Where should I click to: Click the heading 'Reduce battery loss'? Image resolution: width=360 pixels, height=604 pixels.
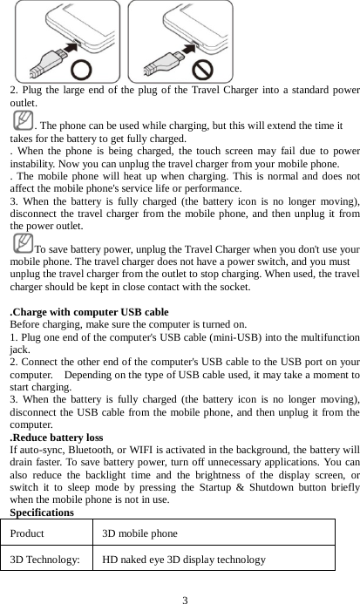coord(56,438)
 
